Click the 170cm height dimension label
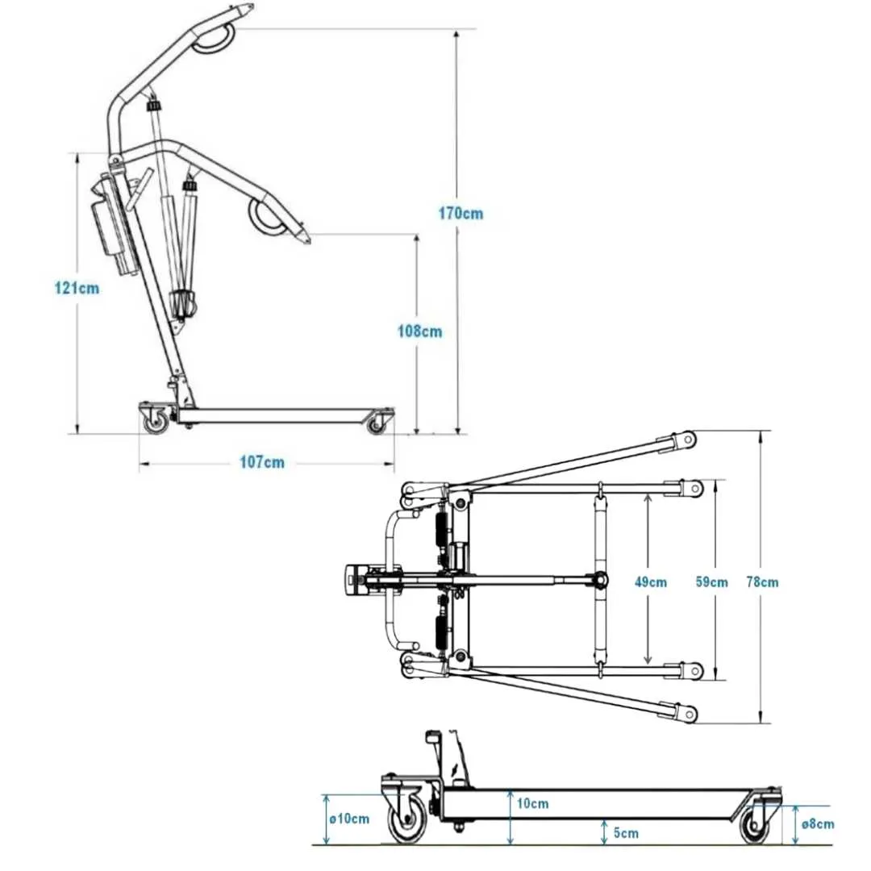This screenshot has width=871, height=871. pos(462,214)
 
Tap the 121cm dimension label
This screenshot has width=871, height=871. pos(77,288)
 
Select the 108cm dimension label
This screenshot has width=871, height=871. pos(420,331)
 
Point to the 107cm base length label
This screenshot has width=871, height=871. pos(262,463)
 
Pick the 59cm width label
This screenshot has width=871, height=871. pos(711,582)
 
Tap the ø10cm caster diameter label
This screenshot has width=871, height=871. pos(350,819)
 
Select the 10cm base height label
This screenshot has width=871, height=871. pos(533,803)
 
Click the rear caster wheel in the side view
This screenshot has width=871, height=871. pos(155,420)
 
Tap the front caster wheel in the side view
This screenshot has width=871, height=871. pos(377,423)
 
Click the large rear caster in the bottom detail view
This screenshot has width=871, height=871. pos(408,823)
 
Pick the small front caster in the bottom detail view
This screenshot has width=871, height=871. pos(756,826)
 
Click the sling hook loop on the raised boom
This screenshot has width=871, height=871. pos(214,38)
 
